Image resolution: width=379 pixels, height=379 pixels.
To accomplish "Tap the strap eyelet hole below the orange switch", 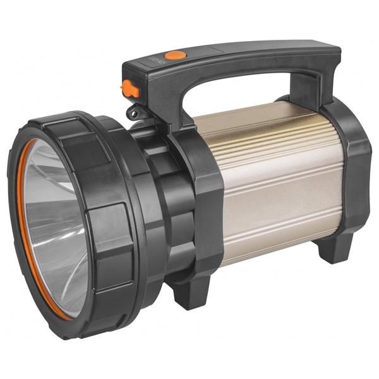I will pyautogui.click(x=133, y=113).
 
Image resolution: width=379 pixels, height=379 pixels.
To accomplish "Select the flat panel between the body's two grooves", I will pyautogui.click(x=278, y=189).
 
